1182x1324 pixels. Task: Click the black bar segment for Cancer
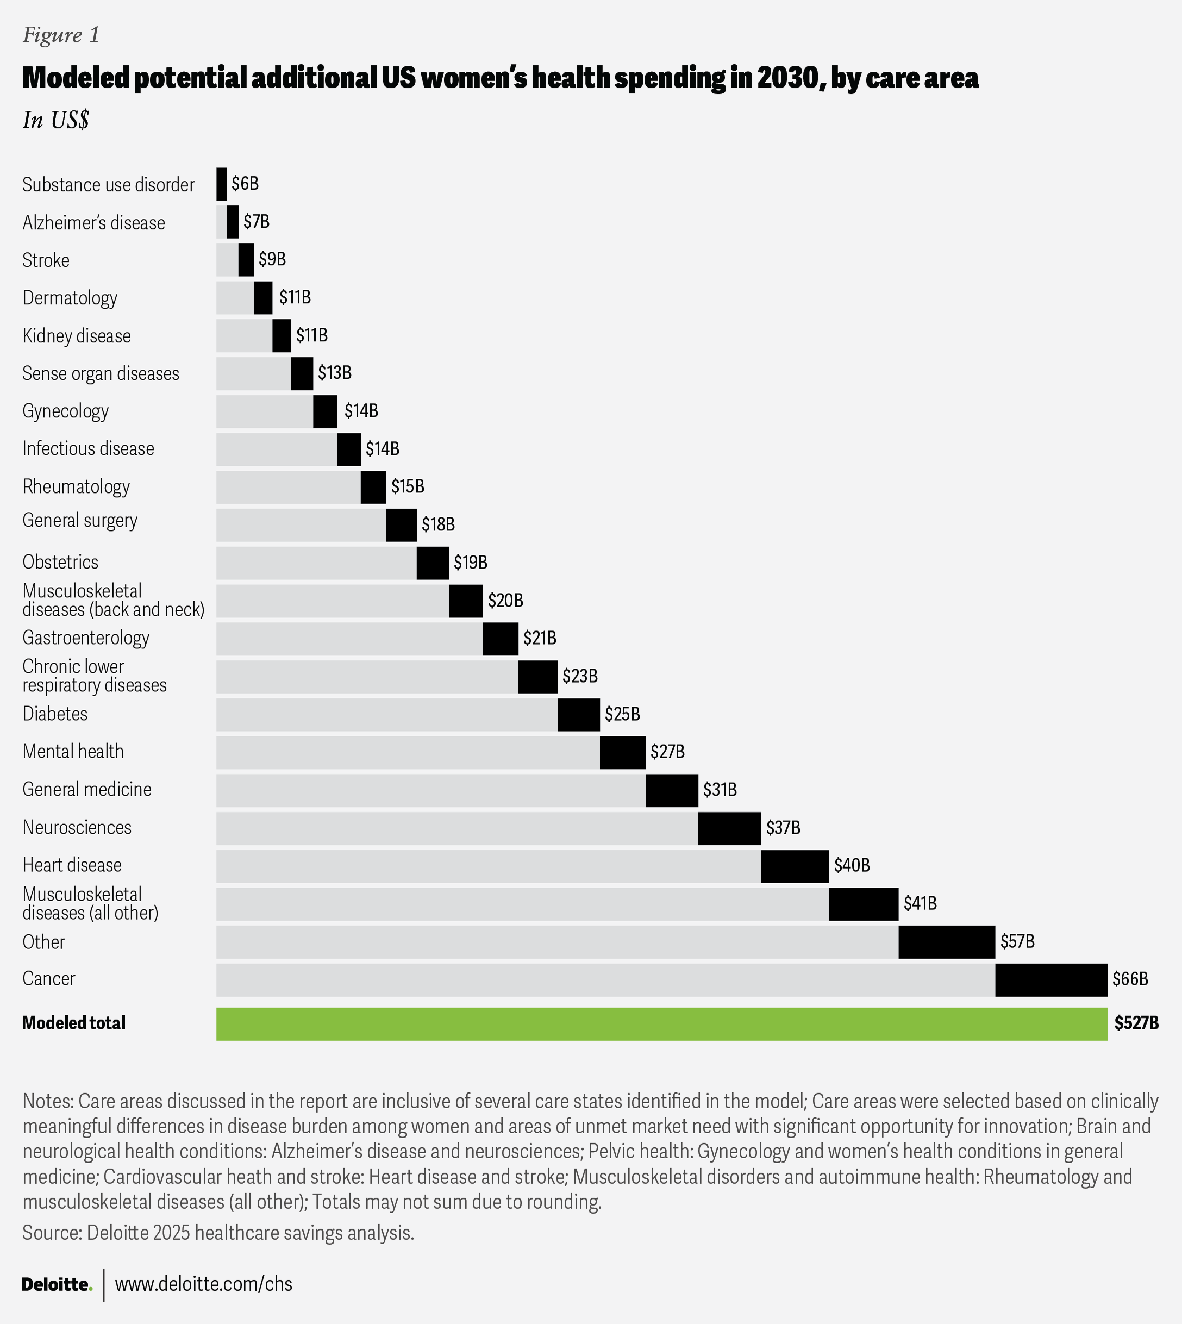pos(1051,979)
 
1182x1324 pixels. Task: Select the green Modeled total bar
pos(662,1024)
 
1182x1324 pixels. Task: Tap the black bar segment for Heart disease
pos(795,866)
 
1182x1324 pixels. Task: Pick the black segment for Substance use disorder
pos(222,184)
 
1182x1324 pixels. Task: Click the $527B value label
pos(1136,1023)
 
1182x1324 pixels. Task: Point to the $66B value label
pos(1130,979)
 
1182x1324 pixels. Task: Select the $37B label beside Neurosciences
pos(783,828)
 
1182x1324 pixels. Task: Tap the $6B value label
pos(245,184)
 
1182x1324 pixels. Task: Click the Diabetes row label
pos(55,714)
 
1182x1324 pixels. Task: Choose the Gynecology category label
pos(66,411)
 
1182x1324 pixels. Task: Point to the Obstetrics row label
pos(60,562)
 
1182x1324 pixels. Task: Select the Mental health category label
pos(73,752)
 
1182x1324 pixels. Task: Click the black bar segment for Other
pos(947,942)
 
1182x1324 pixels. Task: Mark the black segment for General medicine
pos(672,791)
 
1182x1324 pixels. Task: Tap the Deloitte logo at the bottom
pos(57,1284)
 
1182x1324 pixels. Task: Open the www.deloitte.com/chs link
pos(204,1284)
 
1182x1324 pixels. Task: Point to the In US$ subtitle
pos(56,120)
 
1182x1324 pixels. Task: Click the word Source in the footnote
pos(49,1232)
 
